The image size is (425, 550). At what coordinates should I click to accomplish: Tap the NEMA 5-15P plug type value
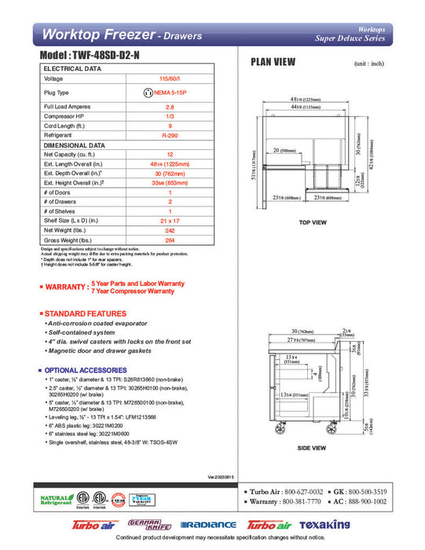tap(169, 93)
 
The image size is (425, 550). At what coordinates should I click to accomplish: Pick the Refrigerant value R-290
tap(169, 135)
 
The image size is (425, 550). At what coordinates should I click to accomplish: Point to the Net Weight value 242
tap(169, 231)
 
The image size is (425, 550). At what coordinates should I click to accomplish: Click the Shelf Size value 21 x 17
tap(169, 222)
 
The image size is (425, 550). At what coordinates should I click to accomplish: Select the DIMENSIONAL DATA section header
tap(75, 145)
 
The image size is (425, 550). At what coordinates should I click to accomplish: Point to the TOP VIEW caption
tap(312, 222)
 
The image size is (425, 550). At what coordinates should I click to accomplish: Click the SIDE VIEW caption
tap(312, 448)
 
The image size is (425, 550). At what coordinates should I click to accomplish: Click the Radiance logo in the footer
tap(208, 524)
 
